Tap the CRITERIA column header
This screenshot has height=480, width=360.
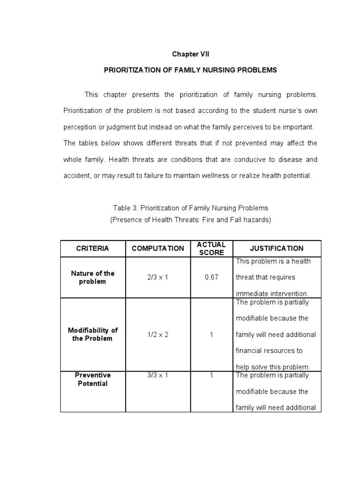pos(92,248)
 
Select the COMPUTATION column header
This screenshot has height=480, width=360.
pos(158,248)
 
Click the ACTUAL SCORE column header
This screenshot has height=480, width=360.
pos(211,248)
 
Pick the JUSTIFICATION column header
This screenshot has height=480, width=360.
pos(277,248)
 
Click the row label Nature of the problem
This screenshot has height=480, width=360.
pos(92,277)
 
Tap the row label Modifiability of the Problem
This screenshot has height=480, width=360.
pos(92,335)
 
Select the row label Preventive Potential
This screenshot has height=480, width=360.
pos(92,379)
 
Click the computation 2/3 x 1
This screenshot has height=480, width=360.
pos(157,277)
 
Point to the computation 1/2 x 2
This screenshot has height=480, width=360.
pos(157,335)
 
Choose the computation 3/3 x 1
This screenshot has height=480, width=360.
pos(157,375)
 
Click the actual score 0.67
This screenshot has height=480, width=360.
pos(211,277)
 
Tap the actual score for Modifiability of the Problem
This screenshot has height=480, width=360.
pos(211,335)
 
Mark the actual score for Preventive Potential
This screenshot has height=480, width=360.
pos(211,375)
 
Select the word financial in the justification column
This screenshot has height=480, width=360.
pos(251,351)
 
